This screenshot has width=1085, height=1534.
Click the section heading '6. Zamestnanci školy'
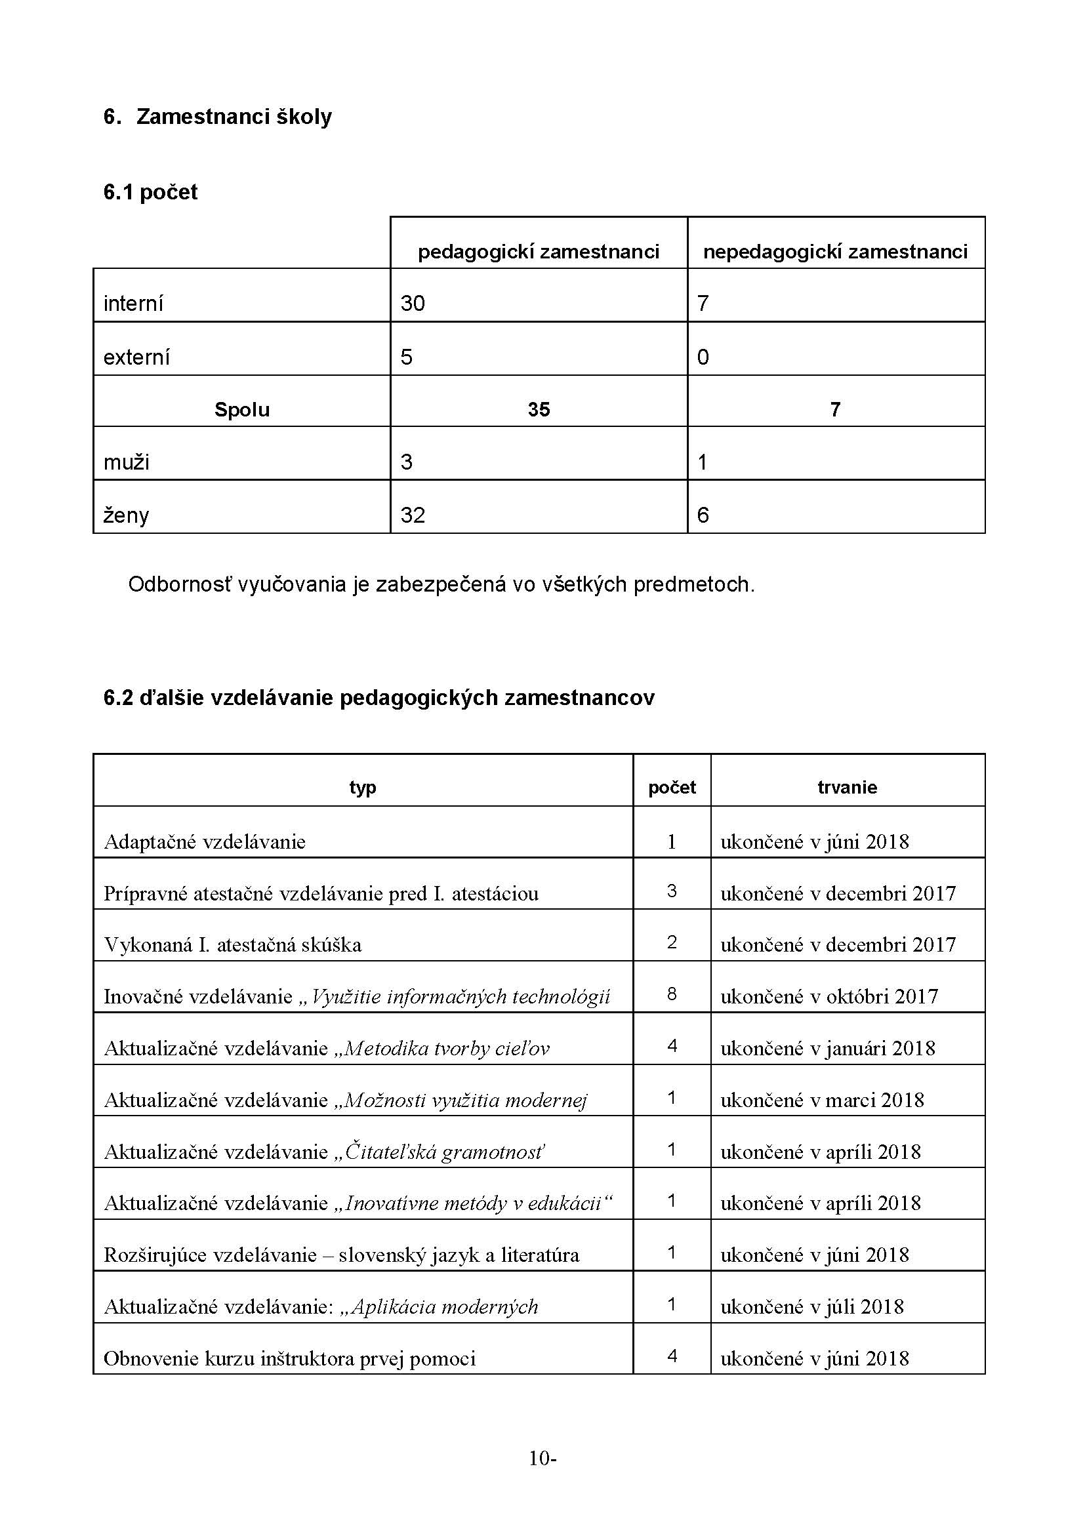(x=218, y=117)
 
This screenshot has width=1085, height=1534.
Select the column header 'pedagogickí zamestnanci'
(x=539, y=252)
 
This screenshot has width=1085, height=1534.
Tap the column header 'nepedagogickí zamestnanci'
(x=835, y=252)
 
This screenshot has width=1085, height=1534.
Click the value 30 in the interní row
(x=413, y=304)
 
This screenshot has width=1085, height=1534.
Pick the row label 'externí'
(x=136, y=357)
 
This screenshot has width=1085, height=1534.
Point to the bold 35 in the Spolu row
(x=539, y=409)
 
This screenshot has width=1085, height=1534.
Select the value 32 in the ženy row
(x=413, y=515)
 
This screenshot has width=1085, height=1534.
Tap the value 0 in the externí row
(x=703, y=357)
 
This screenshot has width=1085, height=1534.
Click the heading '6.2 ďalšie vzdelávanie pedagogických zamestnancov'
(x=379, y=698)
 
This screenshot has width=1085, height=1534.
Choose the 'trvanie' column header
(x=847, y=787)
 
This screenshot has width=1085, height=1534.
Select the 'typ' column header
(x=363, y=787)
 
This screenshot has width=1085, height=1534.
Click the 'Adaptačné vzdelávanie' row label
(x=205, y=842)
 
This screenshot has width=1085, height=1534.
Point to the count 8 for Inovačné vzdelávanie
(x=672, y=994)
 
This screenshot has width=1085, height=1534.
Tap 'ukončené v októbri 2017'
(x=829, y=997)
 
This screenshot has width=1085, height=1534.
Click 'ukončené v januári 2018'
(x=828, y=1048)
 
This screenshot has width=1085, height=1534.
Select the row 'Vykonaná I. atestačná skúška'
(x=233, y=944)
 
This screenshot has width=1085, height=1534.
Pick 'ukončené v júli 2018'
(x=811, y=1307)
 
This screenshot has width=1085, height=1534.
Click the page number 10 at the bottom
(x=539, y=1458)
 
